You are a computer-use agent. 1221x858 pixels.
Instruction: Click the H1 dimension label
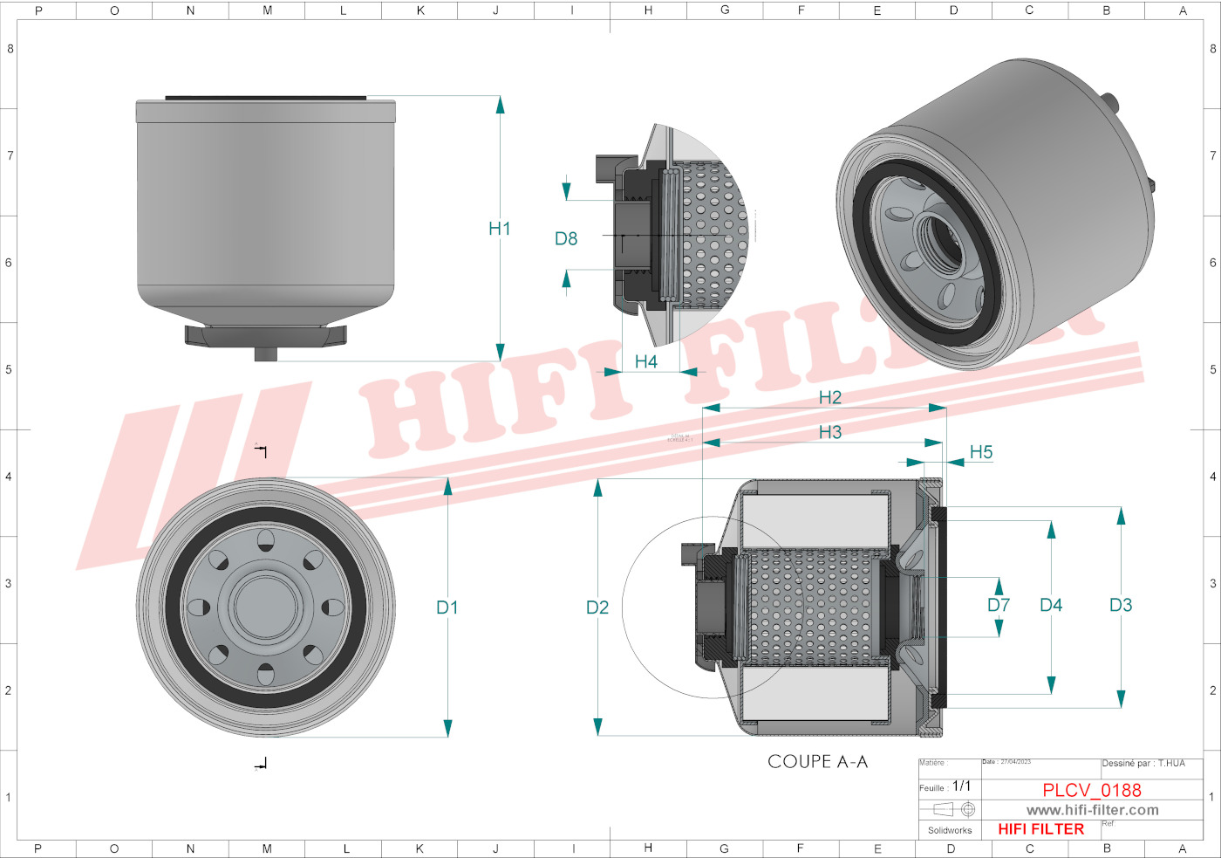pyautogui.click(x=499, y=229)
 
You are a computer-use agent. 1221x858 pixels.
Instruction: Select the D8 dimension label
pyautogui.click(x=566, y=238)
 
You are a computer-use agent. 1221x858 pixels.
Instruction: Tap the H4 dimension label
pyautogui.click(x=645, y=361)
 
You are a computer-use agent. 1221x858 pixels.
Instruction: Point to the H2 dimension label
pyautogui.click(x=829, y=397)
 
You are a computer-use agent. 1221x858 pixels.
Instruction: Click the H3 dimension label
pyautogui.click(x=829, y=432)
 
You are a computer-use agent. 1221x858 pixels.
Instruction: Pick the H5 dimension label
pyautogui.click(x=981, y=452)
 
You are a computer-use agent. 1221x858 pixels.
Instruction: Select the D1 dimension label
pyautogui.click(x=447, y=607)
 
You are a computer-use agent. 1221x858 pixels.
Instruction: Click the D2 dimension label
pyautogui.click(x=597, y=607)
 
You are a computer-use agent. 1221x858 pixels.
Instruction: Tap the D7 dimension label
pyautogui.click(x=999, y=605)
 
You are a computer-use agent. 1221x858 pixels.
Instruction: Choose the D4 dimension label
pyautogui.click(x=1051, y=605)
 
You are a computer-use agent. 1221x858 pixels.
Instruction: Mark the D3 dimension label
pyautogui.click(x=1121, y=605)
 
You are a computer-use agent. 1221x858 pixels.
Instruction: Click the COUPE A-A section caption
pyautogui.click(x=817, y=762)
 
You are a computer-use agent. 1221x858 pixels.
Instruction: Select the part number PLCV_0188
pyautogui.click(x=1091, y=790)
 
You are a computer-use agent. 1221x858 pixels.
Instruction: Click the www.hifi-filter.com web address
pyautogui.click(x=1092, y=810)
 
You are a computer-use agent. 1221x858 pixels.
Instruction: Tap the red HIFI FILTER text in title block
pyautogui.click(x=1040, y=829)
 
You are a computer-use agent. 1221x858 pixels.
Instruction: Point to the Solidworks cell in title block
pyautogui.click(x=949, y=830)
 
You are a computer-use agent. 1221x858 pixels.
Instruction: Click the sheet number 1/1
pyautogui.click(x=961, y=786)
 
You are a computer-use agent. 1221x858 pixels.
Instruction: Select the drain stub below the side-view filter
pyautogui.click(x=266, y=353)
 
